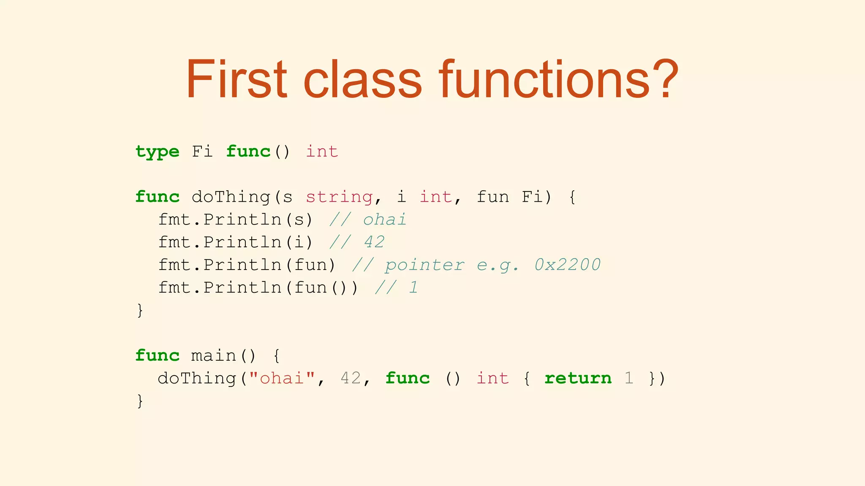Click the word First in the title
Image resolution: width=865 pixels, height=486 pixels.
[237, 79]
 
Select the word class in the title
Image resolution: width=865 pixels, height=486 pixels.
[362, 79]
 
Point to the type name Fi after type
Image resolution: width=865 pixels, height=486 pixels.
[202, 151]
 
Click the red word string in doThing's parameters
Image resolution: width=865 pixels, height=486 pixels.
[339, 197]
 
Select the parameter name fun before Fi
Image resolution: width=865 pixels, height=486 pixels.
[493, 197]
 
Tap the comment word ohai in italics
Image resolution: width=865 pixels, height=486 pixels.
[384, 220]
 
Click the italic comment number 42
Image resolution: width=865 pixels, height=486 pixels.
[374, 242]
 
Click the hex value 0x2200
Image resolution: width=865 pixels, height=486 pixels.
[567, 265]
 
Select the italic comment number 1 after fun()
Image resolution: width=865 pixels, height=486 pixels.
[413, 288]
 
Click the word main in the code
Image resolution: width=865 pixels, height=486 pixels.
[213, 356]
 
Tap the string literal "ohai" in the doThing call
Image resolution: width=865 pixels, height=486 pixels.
[282, 378]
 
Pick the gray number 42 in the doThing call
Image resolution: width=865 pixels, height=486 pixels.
[351, 378]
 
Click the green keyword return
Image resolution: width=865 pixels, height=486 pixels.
[578, 378]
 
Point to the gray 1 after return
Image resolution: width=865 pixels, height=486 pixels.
[629, 378]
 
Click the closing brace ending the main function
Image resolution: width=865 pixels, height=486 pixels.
[140, 401]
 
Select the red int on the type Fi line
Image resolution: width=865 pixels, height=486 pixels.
[322, 151]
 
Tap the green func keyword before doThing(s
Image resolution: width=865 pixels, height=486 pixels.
[158, 197]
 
